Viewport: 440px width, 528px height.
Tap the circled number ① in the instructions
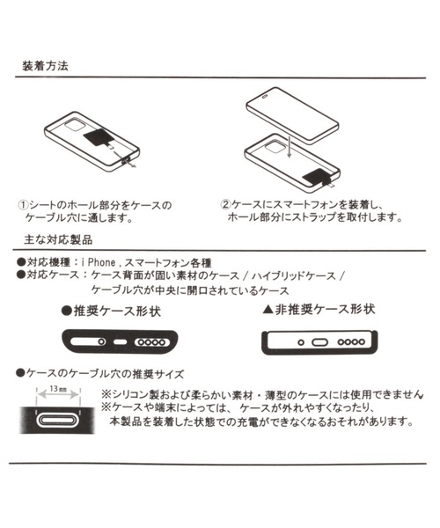24,204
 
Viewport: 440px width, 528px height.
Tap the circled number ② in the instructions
225,204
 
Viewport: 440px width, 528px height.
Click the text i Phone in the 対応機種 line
99,262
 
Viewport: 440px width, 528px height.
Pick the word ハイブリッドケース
294,275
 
